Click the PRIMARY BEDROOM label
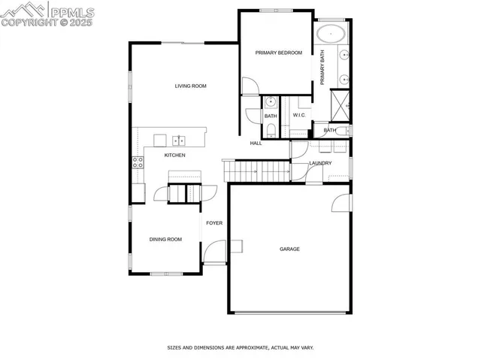point(278,53)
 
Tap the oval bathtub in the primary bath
point(330,33)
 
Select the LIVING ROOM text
point(190,86)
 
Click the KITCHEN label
point(174,155)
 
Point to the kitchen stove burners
point(138,162)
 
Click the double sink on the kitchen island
point(179,140)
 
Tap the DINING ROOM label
point(165,239)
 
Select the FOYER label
point(214,223)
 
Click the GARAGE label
point(289,249)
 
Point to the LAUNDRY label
point(320,163)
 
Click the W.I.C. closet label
point(298,115)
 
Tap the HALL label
point(256,143)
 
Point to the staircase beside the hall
point(256,171)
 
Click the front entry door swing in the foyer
point(214,252)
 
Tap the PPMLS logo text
point(72,11)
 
